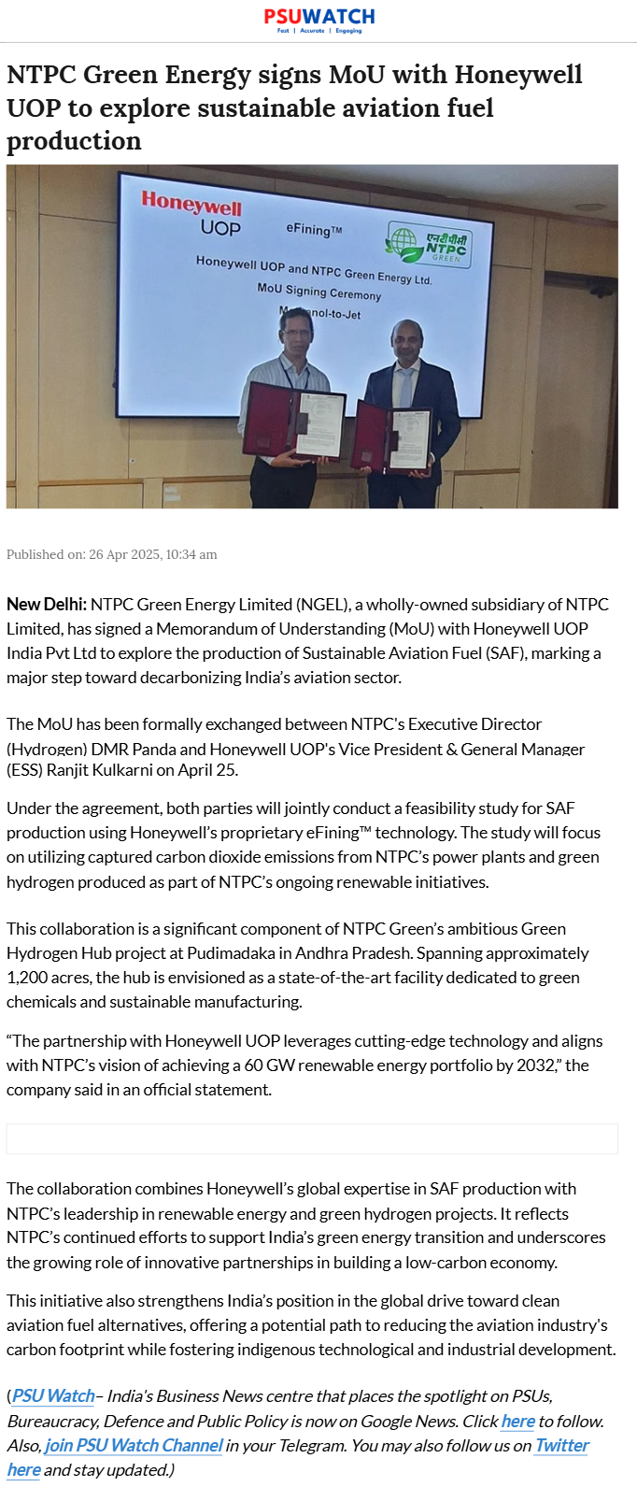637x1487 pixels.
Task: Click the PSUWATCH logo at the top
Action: point(318,17)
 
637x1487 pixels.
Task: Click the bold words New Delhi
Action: point(47,605)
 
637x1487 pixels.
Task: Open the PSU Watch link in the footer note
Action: point(53,1396)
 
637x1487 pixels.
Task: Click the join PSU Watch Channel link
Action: point(134,1446)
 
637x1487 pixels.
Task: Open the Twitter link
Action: point(561,1446)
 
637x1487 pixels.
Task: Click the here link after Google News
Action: point(517,1422)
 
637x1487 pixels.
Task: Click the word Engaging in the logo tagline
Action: point(348,31)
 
